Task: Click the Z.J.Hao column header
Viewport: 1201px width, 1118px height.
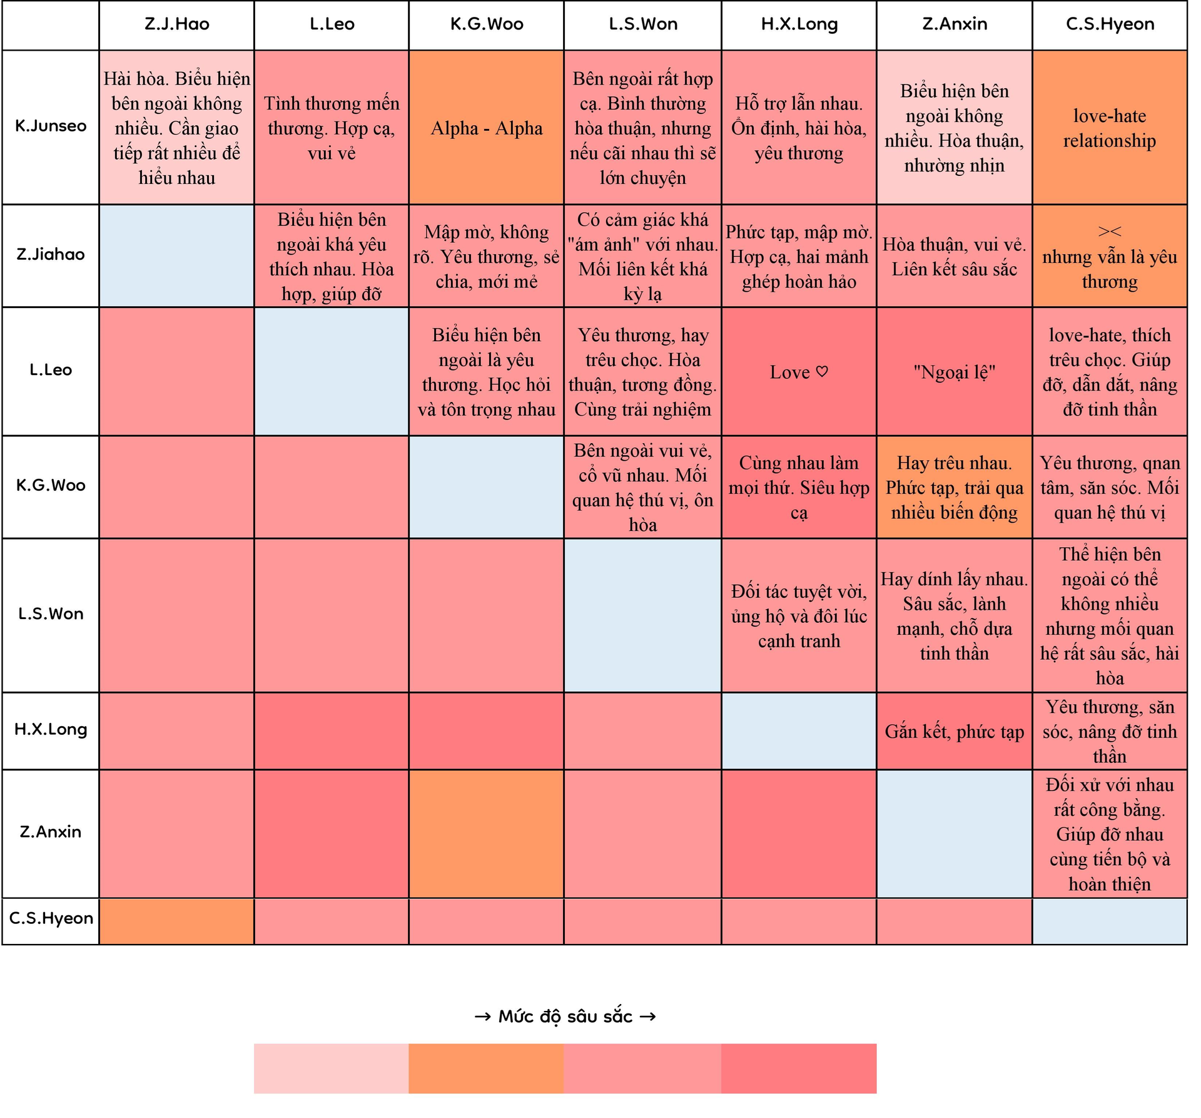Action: (x=176, y=24)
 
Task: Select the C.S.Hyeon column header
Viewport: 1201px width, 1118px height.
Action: (x=1110, y=24)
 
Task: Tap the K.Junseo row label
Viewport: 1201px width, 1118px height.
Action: (x=51, y=126)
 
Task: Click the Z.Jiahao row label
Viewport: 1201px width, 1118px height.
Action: (x=51, y=255)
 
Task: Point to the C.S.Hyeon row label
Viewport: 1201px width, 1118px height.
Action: (x=51, y=918)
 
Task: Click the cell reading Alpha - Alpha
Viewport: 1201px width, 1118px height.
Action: (x=486, y=128)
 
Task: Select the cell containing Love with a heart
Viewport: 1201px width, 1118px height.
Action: (x=799, y=372)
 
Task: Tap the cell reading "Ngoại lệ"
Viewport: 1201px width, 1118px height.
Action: (x=954, y=372)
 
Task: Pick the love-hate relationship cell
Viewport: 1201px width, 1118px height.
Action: (x=1110, y=128)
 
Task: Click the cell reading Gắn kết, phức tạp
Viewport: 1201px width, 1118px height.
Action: (x=954, y=732)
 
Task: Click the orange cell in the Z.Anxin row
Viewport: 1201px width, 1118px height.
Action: (x=486, y=834)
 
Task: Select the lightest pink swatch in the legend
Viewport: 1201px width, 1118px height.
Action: (x=331, y=1069)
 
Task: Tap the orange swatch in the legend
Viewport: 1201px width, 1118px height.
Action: (x=486, y=1069)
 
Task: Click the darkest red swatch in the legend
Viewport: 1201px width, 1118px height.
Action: (x=799, y=1069)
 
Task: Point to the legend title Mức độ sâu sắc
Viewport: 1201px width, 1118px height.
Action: (x=565, y=1017)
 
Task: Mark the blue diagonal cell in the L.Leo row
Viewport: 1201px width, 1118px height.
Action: (x=331, y=371)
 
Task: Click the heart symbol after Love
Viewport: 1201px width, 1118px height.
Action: (x=822, y=372)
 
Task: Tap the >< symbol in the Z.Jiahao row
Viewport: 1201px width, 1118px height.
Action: (x=1110, y=232)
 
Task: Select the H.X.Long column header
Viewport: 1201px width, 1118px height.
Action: (x=799, y=24)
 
